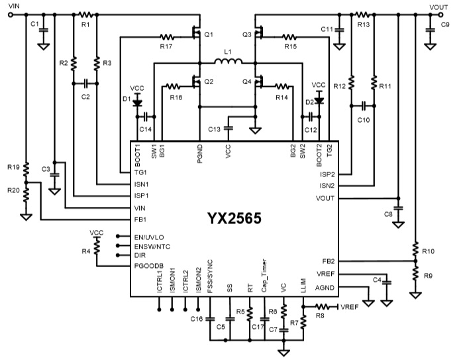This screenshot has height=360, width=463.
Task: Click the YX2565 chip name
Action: coord(234,218)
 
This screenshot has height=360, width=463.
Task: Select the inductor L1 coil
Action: coord(229,63)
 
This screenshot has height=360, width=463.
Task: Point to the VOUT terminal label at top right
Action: coord(438,6)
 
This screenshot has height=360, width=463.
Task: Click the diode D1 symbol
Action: coord(137,103)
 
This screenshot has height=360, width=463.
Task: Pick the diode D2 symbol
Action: coord(319,100)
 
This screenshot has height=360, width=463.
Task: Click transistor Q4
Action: coord(258,82)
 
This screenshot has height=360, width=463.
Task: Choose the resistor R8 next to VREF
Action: coord(322,307)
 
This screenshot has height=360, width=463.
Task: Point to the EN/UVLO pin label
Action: coord(149,236)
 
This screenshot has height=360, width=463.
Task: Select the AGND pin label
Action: coord(326,287)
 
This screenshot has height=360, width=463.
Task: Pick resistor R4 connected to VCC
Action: coord(97,249)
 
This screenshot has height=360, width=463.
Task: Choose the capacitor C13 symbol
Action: coord(229,126)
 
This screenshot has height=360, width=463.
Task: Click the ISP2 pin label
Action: coord(327,174)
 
